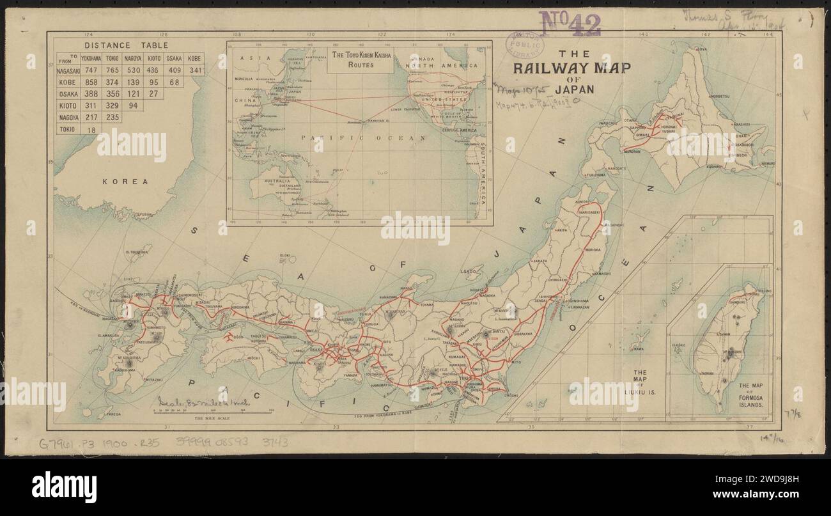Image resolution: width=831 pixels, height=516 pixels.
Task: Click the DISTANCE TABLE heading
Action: click(127, 45)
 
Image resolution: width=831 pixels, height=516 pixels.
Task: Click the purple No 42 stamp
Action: click(571, 24)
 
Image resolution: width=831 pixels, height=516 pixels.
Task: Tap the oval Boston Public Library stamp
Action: click(522, 42)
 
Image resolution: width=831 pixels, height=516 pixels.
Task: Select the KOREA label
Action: click(125, 182)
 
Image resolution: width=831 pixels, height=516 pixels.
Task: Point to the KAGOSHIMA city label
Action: click(128, 370)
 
